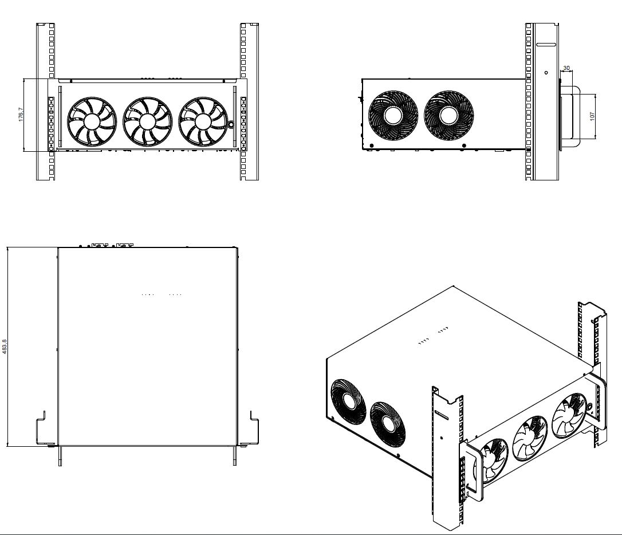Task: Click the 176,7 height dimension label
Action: [21, 114]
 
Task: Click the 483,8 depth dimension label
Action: [5, 346]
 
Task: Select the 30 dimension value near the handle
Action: [566, 68]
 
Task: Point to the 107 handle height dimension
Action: [592, 116]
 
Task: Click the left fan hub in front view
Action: [92, 122]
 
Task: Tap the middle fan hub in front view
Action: [148, 122]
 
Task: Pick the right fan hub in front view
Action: [203, 122]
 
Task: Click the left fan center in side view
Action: [393, 115]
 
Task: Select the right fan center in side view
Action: [448, 115]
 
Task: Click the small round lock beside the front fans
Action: [231, 124]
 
